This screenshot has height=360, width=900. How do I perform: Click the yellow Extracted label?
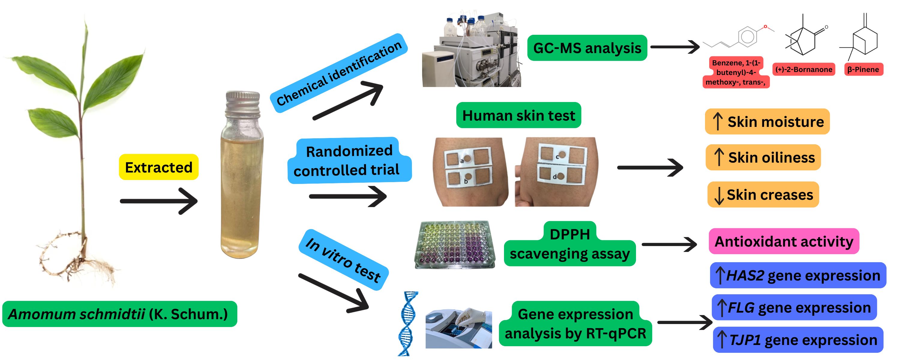(159, 167)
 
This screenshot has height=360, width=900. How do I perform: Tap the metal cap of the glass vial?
(242, 102)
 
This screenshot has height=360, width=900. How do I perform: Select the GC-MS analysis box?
(587, 48)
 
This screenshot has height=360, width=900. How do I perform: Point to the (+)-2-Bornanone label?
(804, 69)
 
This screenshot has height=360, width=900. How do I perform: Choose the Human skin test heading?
(518, 115)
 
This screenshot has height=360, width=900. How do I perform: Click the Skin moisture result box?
(767, 121)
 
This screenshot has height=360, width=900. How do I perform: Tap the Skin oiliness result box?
(763, 157)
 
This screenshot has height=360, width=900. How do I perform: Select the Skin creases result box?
(763, 194)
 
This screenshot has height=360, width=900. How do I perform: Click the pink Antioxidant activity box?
(784, 241)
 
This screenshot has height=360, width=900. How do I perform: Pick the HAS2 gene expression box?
(798, 275)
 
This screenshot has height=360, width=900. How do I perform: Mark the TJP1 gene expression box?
(798, 340)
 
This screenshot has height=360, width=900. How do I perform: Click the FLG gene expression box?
(794, 307)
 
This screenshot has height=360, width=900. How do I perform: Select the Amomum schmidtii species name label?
(119, 314)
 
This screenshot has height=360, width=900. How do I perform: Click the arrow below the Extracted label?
(159, 201)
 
